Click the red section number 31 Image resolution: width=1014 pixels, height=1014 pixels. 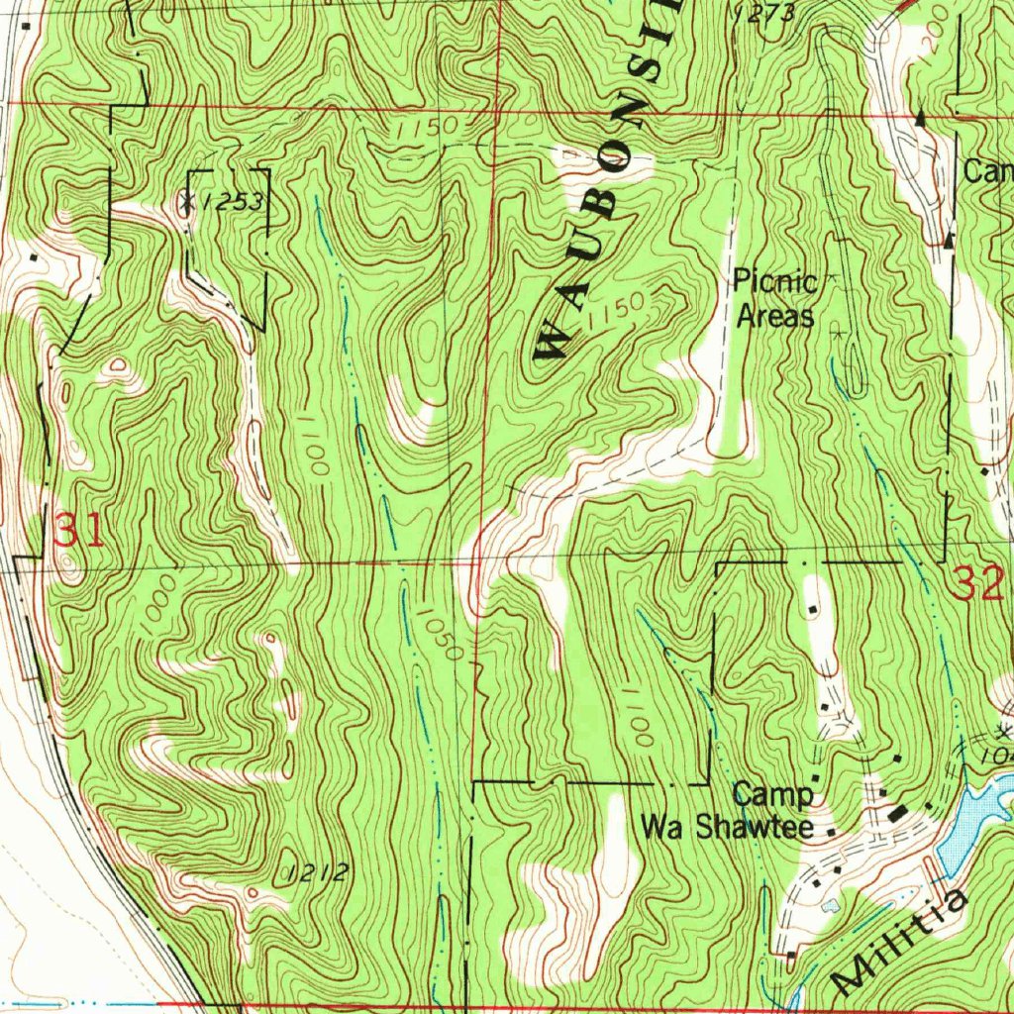tap(77, 532)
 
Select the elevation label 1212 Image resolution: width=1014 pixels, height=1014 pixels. tap(316, 872)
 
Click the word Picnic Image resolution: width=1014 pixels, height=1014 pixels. tap(774, 282)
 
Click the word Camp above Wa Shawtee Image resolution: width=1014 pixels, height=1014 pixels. tap(773, 794)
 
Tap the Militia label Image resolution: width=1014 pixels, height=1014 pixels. tap(899, 941)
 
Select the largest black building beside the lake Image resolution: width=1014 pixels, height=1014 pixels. tap(899, 813)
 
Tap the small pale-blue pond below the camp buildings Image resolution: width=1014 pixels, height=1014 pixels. tap(830, 903)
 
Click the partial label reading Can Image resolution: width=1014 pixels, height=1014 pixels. tap(987, 171)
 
